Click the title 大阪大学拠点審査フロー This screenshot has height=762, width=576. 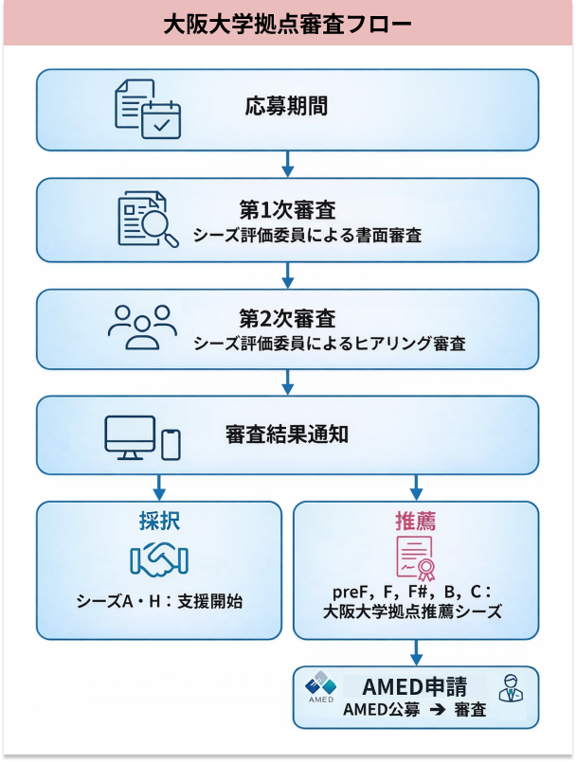click(288, 22)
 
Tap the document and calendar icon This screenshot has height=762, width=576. click(147, 109)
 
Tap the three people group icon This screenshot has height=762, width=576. click(143, 327)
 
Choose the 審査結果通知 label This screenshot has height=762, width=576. click(287, 434)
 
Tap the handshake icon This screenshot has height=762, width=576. click(159, 559)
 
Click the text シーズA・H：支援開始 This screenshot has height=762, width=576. click(159, 601)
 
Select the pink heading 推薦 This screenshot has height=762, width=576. click(415, 522)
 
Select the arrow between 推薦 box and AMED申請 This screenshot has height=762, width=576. click(416, 652)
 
